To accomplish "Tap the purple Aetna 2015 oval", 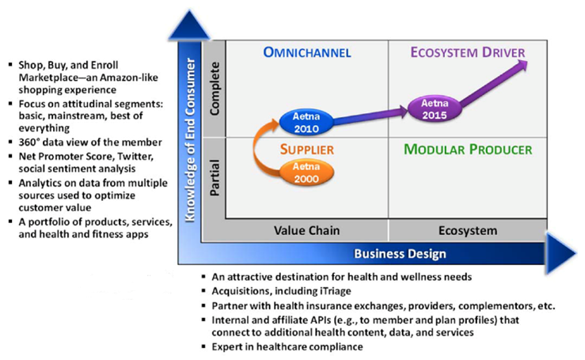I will coord(429,108).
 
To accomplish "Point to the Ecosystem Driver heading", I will coord(467,54).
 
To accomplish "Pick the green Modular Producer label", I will coord(467,149).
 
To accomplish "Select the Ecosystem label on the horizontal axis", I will coord(467,230).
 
